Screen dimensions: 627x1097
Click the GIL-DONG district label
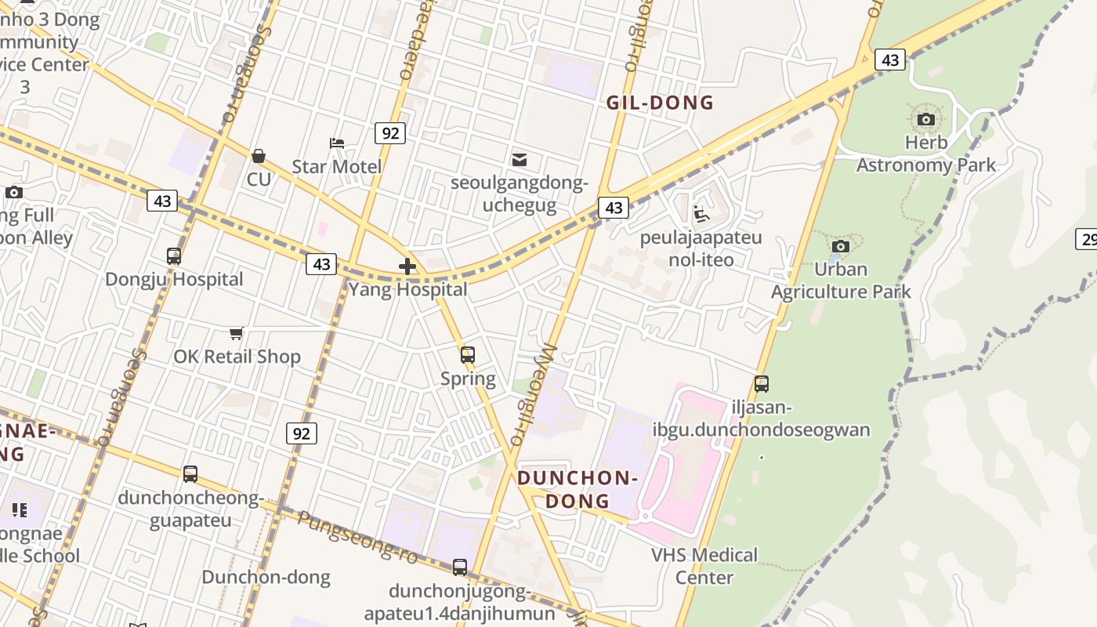(660, 103)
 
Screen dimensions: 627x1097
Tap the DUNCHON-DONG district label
(577, 489)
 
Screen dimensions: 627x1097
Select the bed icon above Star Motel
(337, 143)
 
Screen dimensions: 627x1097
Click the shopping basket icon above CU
(259, 157)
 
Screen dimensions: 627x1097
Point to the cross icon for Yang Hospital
(407, 266)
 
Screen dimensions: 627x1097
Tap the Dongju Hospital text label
(174, 279)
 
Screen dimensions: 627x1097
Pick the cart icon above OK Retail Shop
(237, 334)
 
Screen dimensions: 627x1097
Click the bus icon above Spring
(468, 355)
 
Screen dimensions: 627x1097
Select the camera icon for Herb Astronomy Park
(926, 120)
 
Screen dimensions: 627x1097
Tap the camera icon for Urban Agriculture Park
(841, 247)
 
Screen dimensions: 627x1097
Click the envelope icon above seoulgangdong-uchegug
(519, 160)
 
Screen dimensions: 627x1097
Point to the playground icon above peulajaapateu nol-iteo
(701, 214)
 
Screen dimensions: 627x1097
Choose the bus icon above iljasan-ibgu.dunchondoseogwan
(762, 384)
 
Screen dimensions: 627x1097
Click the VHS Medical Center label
(704, 566)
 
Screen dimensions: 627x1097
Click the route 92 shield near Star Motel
(389, 133)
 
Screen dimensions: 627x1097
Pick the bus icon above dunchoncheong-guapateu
(190, 474)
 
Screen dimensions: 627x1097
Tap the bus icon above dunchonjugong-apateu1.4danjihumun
(460, 567)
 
